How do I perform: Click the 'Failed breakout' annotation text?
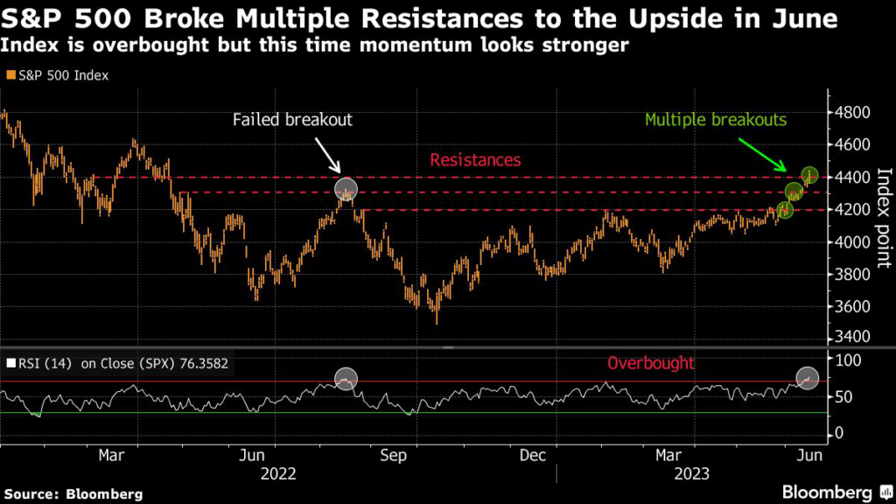pos(292,120)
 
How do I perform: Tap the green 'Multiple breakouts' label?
pos(717,120)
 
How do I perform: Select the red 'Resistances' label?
pos(475,160)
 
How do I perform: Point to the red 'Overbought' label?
pos(651,362)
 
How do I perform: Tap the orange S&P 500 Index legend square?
pos(10,76)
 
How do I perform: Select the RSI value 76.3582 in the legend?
pos(199,362)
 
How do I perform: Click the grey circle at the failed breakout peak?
pos(346,189)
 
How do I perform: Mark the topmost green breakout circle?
pos(808,174)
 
